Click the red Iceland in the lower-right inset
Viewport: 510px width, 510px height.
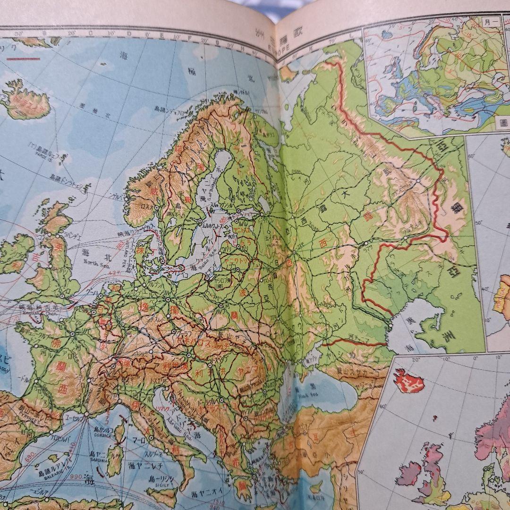click(x=408, y=381)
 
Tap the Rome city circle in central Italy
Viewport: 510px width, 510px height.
click(x=150, y=438)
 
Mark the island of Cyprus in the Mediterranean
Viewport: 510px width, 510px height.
click(x=315, y=487)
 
